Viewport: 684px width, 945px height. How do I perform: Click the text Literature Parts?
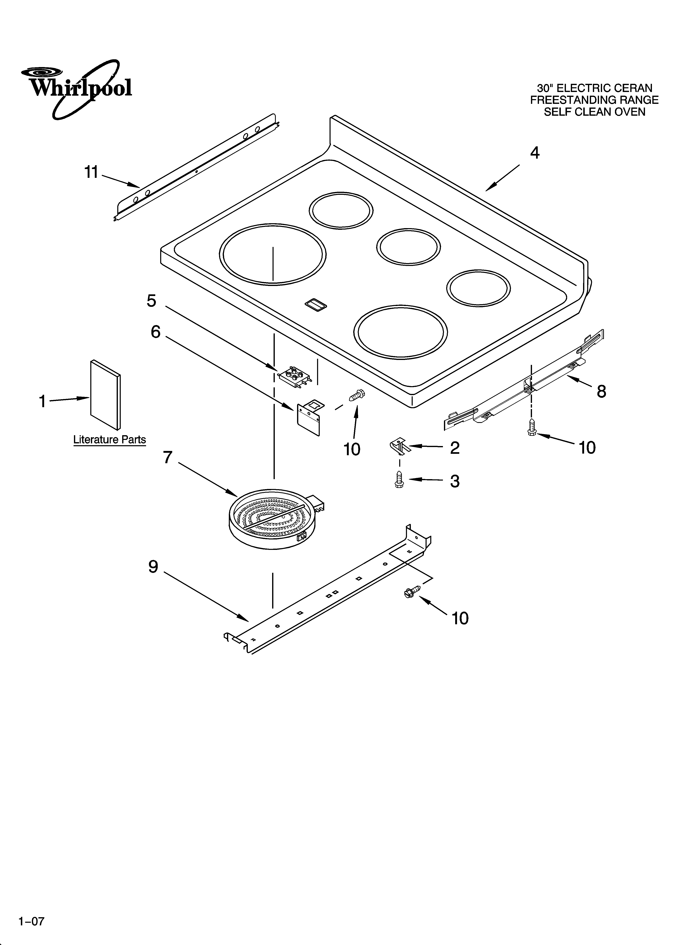[x=110, y=439]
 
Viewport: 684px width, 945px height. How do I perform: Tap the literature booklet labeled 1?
[x=105, y=394]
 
